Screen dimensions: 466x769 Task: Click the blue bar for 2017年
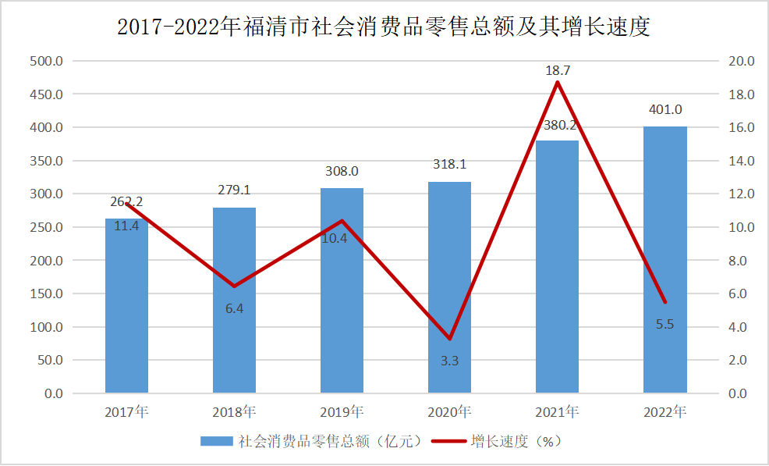126,312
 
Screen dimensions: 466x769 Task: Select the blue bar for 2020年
449,297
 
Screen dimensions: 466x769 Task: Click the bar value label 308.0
342,172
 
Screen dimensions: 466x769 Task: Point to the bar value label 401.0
664,110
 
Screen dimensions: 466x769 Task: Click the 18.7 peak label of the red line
557,71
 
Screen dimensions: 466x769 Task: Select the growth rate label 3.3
449,361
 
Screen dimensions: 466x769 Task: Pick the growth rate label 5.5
664,324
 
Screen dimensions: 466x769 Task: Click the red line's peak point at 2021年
557,82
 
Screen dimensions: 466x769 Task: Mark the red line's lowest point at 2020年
449,339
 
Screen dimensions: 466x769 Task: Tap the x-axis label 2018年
234,411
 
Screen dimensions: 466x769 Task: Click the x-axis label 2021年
557,411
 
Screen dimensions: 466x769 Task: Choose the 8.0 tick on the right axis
739,261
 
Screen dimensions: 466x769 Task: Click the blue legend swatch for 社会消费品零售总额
217,442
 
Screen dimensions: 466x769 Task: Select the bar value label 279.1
234,190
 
